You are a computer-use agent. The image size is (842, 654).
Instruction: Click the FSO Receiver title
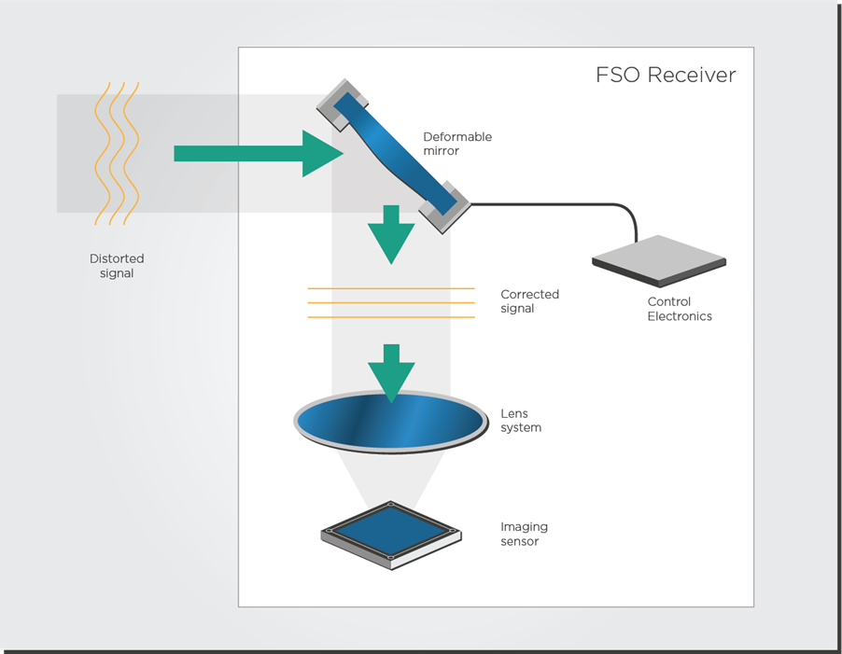666,75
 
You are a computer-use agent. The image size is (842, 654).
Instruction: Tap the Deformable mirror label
457,144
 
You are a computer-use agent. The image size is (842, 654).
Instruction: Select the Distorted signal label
117,266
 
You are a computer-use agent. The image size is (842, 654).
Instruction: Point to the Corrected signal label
529,301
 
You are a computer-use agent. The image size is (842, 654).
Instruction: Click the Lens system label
521,421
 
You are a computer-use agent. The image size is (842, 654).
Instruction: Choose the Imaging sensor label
524,534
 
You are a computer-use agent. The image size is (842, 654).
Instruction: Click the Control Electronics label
680,309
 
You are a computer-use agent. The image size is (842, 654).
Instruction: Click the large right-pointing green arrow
259,153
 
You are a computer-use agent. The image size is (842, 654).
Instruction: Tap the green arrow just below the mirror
391,234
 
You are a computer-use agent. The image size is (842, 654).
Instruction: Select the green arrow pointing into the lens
391,373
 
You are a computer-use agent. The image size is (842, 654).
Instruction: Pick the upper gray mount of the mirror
343,105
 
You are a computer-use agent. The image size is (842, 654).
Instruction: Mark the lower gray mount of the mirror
444,208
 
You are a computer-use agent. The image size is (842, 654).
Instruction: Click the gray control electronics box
659,261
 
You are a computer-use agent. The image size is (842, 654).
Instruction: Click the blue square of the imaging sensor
391,531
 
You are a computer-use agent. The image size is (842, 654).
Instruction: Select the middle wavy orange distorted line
117,153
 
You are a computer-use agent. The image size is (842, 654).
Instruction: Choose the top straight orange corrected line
391,288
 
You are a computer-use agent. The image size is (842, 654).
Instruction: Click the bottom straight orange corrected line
391,317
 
